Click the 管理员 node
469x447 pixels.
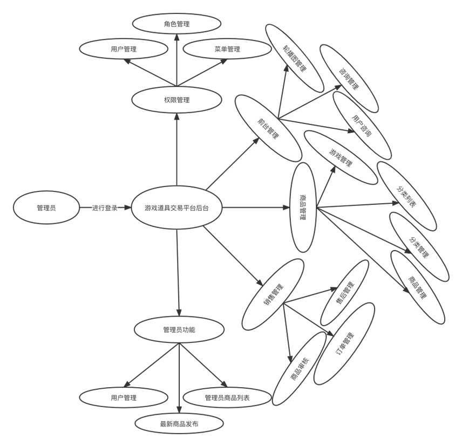pyautogui.click(x=46, y=208)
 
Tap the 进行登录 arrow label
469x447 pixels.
pyautogui.click(x=105, y=208)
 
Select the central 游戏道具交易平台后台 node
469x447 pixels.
pyautogui.click(x=177, y=208)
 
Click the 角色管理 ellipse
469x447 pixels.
pyautogui.click(x=176, y=24)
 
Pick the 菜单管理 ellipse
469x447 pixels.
pyautogui.click(x=227, y=49)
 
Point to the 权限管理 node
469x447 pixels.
pyautogui.click(x=176, y=100)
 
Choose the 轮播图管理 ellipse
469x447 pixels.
pyautogui.click(x=295, y=58)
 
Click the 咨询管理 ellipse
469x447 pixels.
pyautogui.click(x=349, y=78)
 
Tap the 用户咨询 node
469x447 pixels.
pyautogui.click(x=362, y=125)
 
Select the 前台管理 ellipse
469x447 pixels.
pyautogui.click(x=268, y=128)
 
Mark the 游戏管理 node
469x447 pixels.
pyautogui.click(x=341, y=157)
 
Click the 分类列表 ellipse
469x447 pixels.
pyautogui.click(x=406, y=196)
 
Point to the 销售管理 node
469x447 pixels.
pyautogui.click(x=273, y=294)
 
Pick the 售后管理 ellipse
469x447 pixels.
pyautogui.click(x=345, y=293)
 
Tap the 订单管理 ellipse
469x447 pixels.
pyautogui.click(x=344, y=343)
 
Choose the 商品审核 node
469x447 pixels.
pyautogui.click(x=300, y=368)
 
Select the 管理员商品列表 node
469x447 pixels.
pyautogui.click(x=227, y=398)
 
